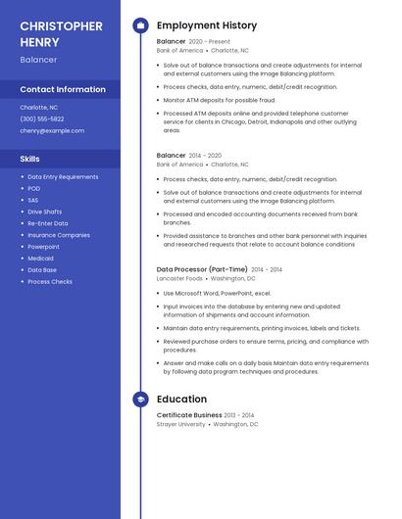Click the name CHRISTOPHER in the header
[61, 25]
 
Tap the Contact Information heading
[63, 89]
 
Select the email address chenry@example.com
[52, 130]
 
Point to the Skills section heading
[30, 158]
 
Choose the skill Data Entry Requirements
[63, 177]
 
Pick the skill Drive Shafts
[44, 212]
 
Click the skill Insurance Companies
[59, 235]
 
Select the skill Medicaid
[41, 259]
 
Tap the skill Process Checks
[50, 282]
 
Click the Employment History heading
[207, 25]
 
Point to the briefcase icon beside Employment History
[140, 25]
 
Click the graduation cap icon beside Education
[140, 400]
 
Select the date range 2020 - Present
[209, 42]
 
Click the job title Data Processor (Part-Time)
[202, 269]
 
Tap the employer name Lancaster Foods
[179, 278]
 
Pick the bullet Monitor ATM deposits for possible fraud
[220, 100]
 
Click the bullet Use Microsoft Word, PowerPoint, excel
[217, 293]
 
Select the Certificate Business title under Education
[189, 415]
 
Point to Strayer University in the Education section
[181, 424]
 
